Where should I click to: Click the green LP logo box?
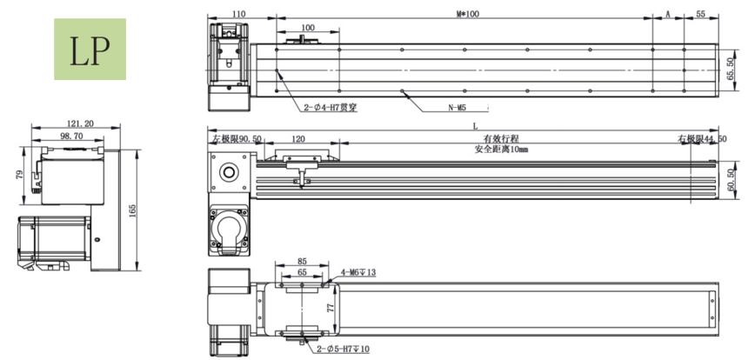pyautogui.click(x=90, y=50)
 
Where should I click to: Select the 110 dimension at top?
pyautogui.click(x=240, y=14)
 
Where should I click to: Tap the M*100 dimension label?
pyautogui.click(x=467, y=14)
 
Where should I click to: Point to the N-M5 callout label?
pyautogui.click(x=457, y=109)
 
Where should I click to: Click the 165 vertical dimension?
pyautogui.click(x=133, y=210)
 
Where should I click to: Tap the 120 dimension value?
pyautogui.click(x=298, y=139)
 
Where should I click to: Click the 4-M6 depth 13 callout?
pyautogui.click(x=357, y=273)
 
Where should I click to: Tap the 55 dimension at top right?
pyautogui.click(x=701, y=14)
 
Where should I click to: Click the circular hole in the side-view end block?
pyautogui.click(x=230, y=170)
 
